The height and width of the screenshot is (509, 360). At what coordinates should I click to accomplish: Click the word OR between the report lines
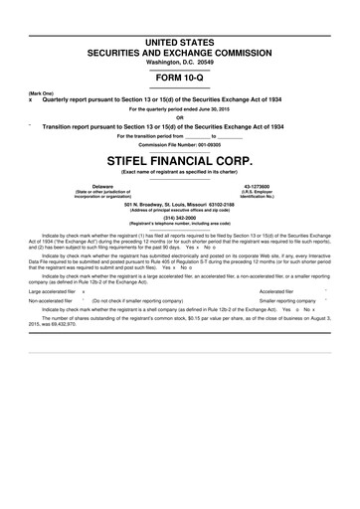tap(179, 117)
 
